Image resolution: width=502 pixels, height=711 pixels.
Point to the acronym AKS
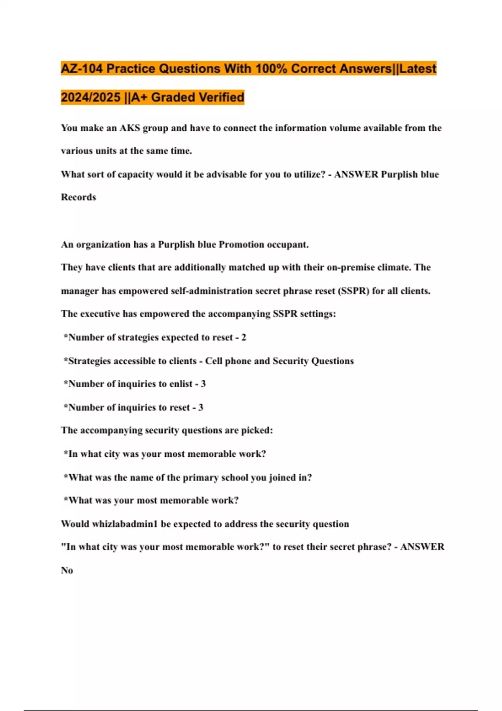[130, 128]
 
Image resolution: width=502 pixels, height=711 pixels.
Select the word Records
[79, 197]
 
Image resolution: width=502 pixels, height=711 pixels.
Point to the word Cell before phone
[214, 361]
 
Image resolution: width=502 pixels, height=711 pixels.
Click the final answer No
[67, 570]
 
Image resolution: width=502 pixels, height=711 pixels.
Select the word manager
[80, 291]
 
